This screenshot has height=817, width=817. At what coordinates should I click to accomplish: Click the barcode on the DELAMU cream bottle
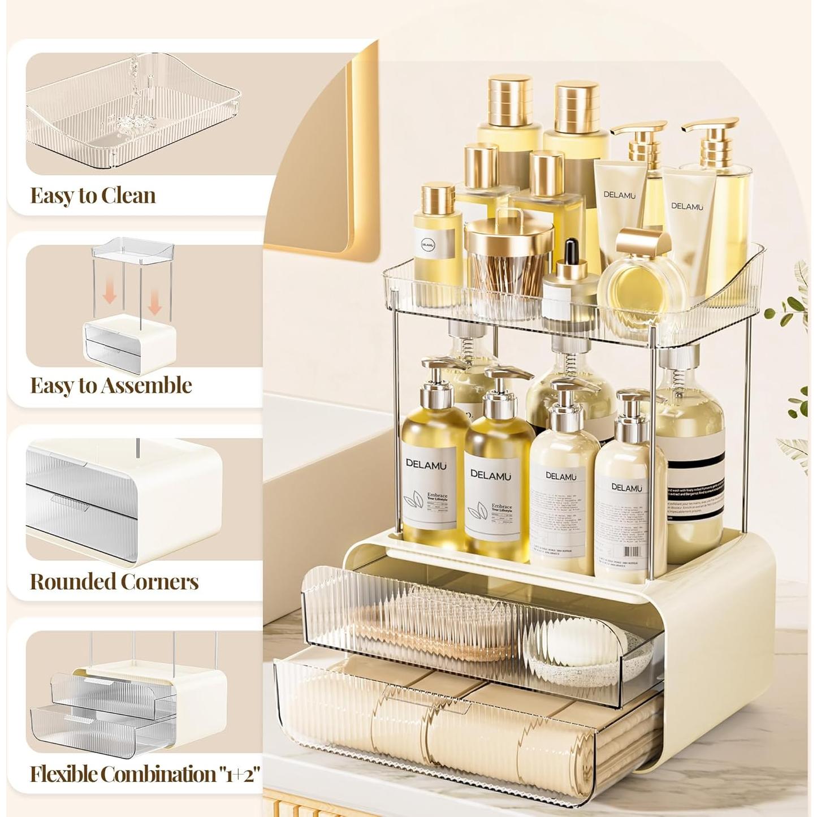[632, 551]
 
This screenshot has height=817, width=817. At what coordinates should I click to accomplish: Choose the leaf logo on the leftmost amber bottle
[416, 500]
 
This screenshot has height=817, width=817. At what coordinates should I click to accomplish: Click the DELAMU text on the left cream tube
[619, 195]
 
